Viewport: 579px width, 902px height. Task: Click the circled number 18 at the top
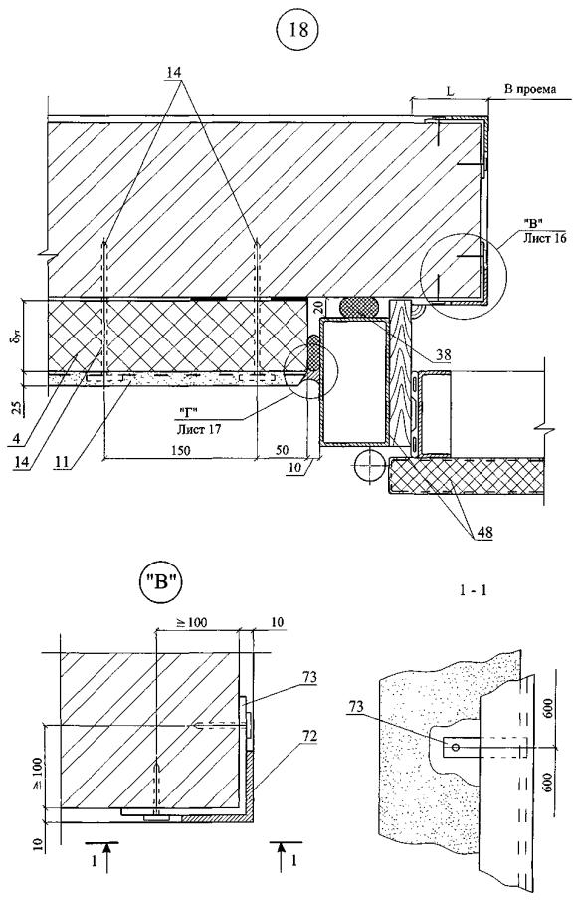299,31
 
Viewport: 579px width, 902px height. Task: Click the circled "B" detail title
162,581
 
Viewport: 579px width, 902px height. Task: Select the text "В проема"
530,90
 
